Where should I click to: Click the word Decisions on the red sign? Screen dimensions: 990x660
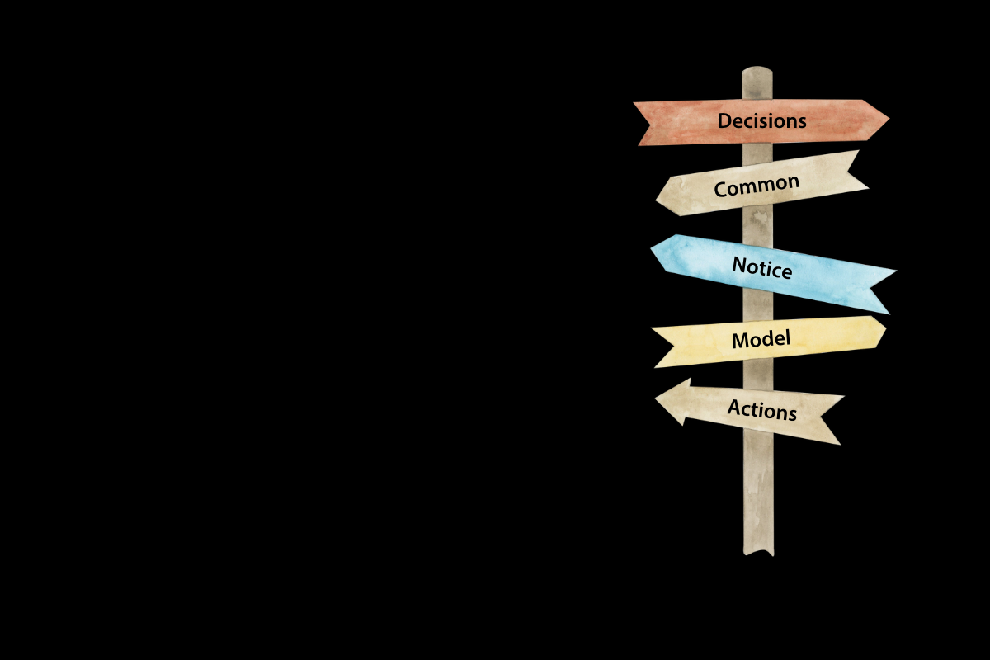[761, 120]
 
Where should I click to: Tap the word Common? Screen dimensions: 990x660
[757, 186]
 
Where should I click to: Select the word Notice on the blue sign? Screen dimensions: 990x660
[762, 267]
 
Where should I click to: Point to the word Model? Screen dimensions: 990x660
[761, 340]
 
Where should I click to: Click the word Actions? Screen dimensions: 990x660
[762, 410]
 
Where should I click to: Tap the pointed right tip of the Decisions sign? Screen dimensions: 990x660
[889, 119]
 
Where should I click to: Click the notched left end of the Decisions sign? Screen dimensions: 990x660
[649, 124]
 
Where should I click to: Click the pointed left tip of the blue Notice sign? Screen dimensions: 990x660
[651, 249]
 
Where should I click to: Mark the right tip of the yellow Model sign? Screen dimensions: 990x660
[886, 329]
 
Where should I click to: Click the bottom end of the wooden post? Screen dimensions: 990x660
[758, 553]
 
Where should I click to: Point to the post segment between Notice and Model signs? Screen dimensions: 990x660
[758, 306]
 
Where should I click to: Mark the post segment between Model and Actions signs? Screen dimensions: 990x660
[758, 374]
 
